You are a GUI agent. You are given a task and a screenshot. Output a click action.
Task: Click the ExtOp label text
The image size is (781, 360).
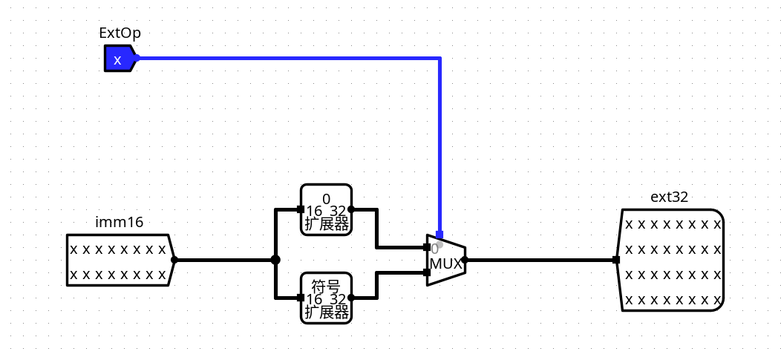point(120,33)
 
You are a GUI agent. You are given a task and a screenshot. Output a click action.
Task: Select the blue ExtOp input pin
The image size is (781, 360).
point(120,58)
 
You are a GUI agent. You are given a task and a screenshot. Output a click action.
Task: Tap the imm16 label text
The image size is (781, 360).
point(119,223)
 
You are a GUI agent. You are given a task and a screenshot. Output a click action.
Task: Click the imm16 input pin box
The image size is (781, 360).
point(120,260)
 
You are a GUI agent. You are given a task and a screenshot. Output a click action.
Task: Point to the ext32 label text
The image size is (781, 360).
point(670,197)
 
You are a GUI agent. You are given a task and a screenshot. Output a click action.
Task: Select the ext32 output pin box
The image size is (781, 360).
point(670,260)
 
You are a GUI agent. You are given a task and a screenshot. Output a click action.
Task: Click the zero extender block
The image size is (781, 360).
point(326,209)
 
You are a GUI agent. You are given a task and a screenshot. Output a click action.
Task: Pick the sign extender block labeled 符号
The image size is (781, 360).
point(326,298)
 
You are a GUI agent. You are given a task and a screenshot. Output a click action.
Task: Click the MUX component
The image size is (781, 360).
point(445,260)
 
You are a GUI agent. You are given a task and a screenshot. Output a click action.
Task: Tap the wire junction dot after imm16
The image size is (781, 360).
point(275,260)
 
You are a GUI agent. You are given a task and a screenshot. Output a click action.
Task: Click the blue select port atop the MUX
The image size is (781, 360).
point(439,235)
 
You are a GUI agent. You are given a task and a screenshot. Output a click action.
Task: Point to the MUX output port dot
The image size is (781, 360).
point(465,260)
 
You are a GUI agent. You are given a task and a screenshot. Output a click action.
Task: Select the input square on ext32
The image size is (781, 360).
point(616,260)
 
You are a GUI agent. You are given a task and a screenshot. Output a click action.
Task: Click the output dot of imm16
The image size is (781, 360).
point(174,260)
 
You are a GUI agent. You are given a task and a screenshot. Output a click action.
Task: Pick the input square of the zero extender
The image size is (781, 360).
point(301,209)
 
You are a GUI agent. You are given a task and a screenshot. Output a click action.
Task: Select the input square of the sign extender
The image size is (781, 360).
point(301,298)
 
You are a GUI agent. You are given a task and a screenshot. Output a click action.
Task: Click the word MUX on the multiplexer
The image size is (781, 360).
point(445,264)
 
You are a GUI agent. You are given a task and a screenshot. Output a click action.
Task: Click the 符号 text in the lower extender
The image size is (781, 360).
point(326,287)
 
